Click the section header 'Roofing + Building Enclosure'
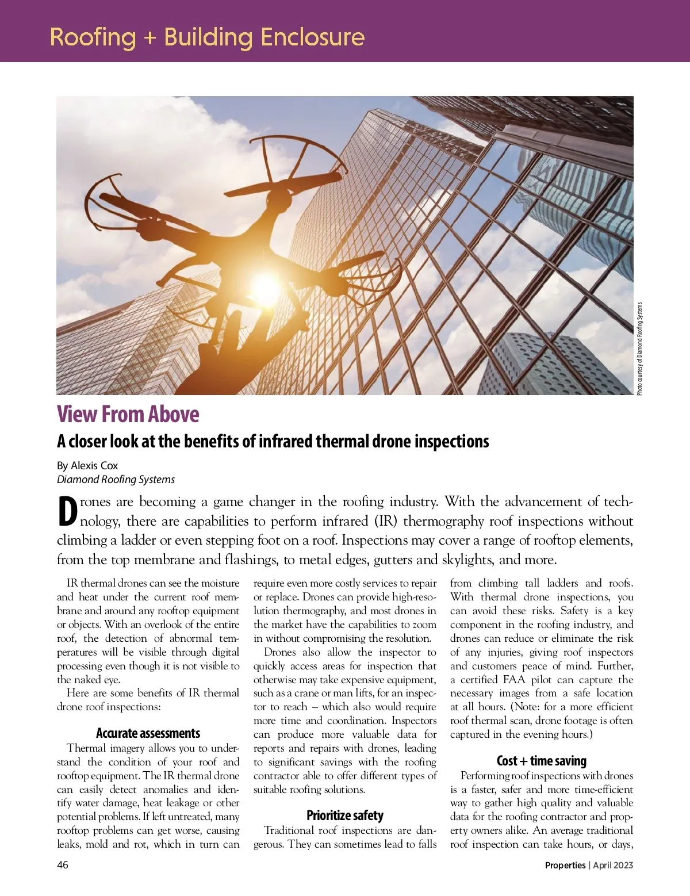[x=207, y=37]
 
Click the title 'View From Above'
[x=128, y=414]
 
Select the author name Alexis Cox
[x=94, y=465]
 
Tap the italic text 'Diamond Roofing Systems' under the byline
[x=116, y=479]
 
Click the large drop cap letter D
[x=67, y=512]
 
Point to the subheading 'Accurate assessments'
[x=148, y=733]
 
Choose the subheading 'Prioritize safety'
[x=344, y=815]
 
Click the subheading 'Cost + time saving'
[x=541, y=761]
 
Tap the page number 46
[x=62, y=864]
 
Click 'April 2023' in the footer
[x=613, y=865]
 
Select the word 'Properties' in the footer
[x=565, y=865]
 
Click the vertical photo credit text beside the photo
[x=639, y=349]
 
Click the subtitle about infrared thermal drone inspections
[x=273, y=441]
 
